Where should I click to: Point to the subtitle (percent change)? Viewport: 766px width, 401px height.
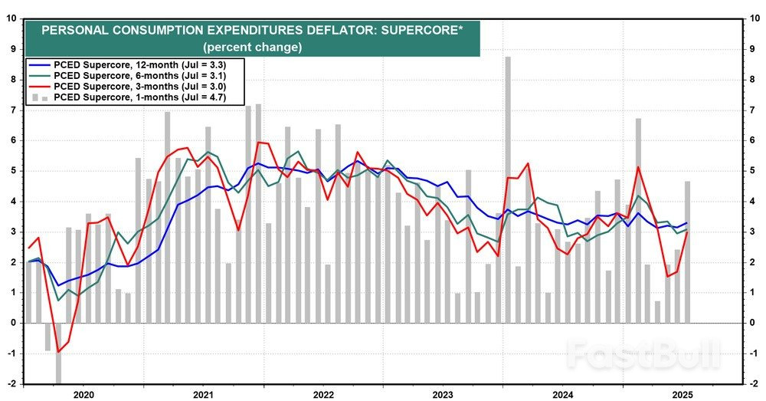[253, 47]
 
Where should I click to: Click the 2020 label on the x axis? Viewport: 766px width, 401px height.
[83, 393]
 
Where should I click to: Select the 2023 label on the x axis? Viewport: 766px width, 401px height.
[444, 393]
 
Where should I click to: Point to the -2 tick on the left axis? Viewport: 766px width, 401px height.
[11, 383]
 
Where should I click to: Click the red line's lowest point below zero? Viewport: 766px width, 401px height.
[58, 352]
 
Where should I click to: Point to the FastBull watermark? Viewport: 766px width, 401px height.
[643, 353]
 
